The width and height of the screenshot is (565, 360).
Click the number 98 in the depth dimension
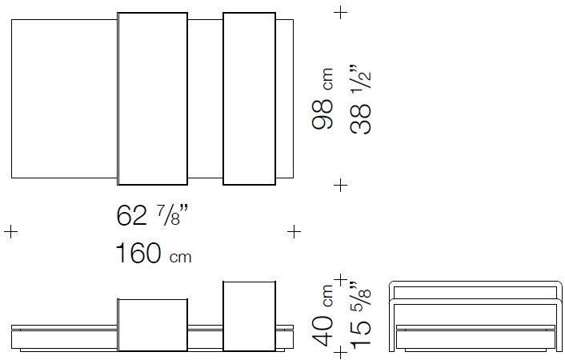[323, 114]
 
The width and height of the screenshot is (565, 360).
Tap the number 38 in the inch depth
[361, 119]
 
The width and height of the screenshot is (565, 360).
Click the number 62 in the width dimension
[131, 216]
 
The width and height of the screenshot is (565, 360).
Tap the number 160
[138, 253]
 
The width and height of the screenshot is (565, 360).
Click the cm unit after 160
[180, 258]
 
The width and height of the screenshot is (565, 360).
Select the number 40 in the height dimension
[323, 331]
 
